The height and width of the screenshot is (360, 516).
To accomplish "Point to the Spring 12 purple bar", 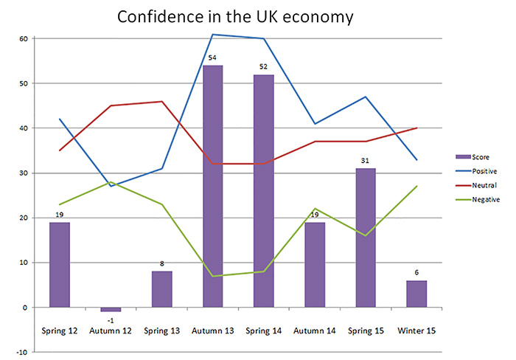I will click(60, 264).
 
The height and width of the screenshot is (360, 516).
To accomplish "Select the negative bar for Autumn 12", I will click(110, 309).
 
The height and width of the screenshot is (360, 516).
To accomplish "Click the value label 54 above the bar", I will click(212, 58).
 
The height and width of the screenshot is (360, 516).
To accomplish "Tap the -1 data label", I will click(110, 319).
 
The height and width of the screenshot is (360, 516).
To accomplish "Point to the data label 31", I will click(366, 161).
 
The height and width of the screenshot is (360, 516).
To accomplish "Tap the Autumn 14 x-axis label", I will click(315, 331).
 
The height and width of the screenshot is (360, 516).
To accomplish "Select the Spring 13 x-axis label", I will click(161, 331).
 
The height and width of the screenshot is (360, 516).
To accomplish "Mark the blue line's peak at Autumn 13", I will click(212, 35).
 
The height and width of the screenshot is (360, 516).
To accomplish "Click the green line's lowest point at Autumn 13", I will click(212, 276).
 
